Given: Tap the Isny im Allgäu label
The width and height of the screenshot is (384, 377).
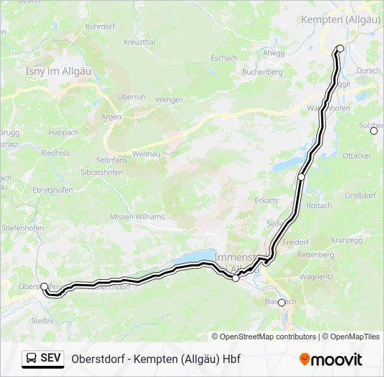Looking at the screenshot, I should click(x=54, y=71).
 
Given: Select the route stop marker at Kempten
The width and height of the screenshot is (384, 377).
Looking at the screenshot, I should click(x=341, y=48).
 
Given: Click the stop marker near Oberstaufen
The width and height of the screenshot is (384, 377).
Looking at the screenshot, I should click(x=45, y=286).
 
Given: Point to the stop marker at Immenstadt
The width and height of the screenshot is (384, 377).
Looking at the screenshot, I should click(x=236, y=279).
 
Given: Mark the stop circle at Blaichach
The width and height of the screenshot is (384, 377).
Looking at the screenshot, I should click(x=281, y=302).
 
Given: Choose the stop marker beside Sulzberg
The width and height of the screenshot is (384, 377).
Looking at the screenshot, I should click(x=374, y=131).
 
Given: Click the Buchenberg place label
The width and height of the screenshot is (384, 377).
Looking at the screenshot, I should click(x=263, y=72).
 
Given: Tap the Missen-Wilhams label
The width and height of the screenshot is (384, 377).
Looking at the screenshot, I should click(x=138, y=217).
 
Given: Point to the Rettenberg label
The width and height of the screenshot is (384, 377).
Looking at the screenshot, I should click(x=315, y=255).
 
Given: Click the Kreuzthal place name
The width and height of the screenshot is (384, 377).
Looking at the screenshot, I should click(x=140, y=43).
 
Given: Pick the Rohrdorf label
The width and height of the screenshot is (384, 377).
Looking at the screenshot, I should click(x=100, y=27).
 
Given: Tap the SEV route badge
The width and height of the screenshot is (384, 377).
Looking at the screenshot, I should click(x=43, y=358).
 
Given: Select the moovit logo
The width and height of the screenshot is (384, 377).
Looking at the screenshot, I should click(x=331, y=360).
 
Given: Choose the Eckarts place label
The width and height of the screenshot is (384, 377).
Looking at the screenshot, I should click(x=266, y=200).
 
